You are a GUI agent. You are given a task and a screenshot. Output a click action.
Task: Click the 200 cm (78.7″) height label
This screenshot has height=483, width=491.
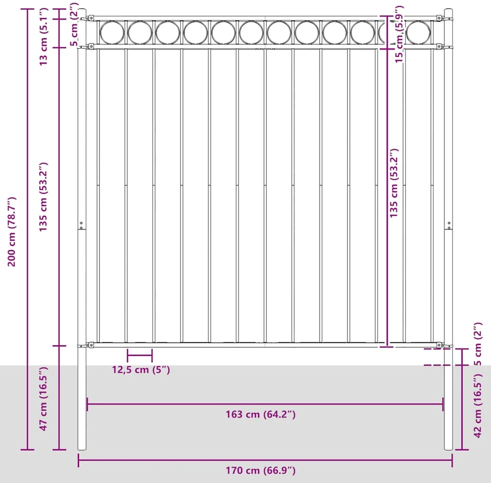coord(12,231)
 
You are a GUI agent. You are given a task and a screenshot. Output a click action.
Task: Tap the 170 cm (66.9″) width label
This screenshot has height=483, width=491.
coord(261,470)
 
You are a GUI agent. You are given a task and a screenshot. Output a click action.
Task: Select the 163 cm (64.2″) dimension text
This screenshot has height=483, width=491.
coord(261,414)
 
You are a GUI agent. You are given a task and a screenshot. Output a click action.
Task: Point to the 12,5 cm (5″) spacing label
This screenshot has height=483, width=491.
coord(141,370)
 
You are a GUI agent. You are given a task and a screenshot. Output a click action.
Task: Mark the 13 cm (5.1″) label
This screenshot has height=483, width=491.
coord(43,37)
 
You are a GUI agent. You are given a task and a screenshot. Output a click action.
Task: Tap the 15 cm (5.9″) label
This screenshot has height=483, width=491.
coord(399,34)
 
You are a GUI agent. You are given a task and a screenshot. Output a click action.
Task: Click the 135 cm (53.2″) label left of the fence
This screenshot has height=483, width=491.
coord(43,197)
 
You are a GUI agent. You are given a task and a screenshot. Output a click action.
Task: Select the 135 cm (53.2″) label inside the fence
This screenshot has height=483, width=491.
coord(393,183)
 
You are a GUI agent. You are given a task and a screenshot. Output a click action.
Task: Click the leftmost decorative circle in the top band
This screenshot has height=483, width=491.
coord(112,32)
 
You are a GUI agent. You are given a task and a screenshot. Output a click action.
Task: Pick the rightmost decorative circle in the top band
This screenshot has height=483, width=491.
coord(418,32)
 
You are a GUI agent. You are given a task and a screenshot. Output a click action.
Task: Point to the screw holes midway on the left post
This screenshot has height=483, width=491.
coord(81,225)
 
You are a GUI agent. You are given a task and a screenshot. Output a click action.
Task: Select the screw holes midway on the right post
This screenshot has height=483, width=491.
coord(449,225)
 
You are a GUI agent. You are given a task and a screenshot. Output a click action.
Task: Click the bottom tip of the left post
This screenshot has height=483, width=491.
coord(82,450)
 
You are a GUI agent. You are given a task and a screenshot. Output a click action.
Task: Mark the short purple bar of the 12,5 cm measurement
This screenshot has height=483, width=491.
coord(139,356)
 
